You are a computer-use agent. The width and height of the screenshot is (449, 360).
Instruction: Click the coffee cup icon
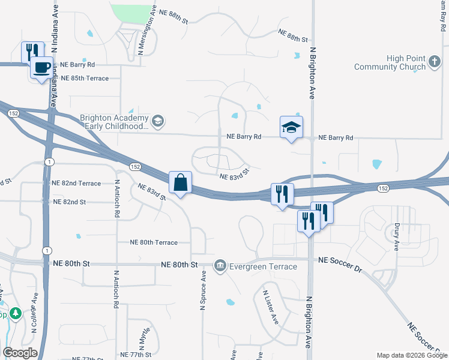(x=41, y=67)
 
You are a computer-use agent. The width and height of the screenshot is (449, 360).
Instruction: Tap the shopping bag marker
(x=180, y=182)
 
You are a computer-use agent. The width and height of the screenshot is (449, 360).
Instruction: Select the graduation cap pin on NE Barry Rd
(x=291, y=127)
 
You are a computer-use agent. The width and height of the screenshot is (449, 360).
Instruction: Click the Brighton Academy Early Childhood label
(x=114, y=122)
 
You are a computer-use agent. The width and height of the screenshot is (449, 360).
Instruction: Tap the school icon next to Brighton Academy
(x=158, y=122)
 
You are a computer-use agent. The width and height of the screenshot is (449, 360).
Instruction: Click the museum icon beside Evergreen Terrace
(x=220, y=265)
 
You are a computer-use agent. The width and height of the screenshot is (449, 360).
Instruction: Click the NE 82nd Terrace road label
(x=76, y=183)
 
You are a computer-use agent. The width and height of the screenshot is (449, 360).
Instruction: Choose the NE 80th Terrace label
(x=154, y=242)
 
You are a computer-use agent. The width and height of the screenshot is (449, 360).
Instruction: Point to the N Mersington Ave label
(x=147, y=33)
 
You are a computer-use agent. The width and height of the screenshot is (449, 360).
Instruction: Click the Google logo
(x=20, y=353)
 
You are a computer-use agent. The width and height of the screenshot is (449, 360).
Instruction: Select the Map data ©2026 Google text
(x=411, y=355)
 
